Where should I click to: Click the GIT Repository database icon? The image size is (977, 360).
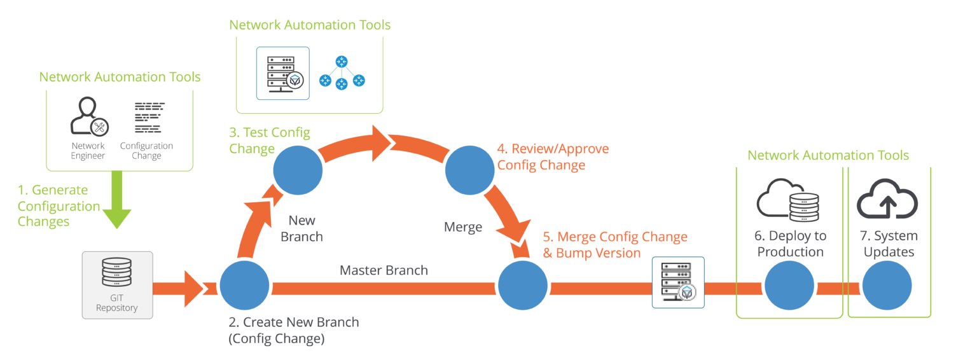[x=117, y=273]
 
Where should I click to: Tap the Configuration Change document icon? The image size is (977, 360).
[x=149, y=117]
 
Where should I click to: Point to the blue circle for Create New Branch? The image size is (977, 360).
[x=245, y=285]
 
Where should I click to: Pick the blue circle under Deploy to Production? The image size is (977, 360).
[x=789, y=286]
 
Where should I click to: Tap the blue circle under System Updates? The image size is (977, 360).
[x=887, y=286]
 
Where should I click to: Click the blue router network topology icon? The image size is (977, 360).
[x=342, y=73]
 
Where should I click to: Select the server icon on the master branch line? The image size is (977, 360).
[x=678, y=282]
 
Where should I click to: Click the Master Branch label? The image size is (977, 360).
[x=384, y=270]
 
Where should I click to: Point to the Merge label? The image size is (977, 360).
[x=463, y=227]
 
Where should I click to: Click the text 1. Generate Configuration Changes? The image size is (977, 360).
[x=59, y=206]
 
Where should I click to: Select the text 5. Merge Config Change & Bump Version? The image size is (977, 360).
[x=614, y=244]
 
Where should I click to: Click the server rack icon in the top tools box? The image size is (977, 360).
[x=283, y=73]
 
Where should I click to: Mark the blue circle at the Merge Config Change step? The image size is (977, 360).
[x=523, y=286]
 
